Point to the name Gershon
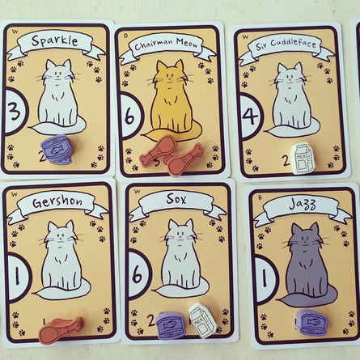(x=57, y=202)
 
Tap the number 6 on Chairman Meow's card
(x=128, y=110)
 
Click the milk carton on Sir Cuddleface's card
(x=301, y=159)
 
